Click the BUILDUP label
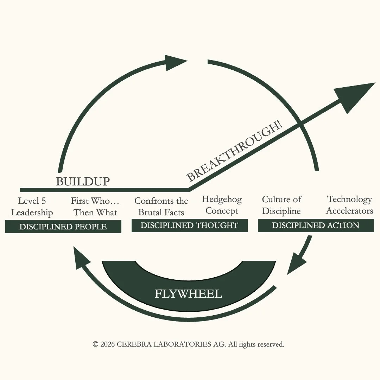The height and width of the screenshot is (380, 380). [x=83, y=182]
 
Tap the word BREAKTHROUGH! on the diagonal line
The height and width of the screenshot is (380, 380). [x=234, y=152]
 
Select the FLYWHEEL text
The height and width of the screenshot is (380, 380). [x=189, y=293]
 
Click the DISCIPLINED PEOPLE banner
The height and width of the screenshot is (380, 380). [x=63, y=227]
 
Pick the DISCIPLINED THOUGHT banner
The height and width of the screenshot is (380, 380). [x=189, y=226]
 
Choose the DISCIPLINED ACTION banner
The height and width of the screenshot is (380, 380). [x=316, y=226]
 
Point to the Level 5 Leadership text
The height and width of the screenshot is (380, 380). [x=32, y=207]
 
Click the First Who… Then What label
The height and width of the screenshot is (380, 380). [x=95, y=207]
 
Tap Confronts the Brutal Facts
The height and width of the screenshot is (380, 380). [x=161, y=207]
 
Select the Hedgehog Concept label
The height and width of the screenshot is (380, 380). [x=222, y=205]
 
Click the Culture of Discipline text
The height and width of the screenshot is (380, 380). [x=281, y=205]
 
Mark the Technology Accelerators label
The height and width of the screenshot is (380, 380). [x=349, y=205]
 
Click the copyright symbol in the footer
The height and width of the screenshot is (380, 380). [x=95, y=344]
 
